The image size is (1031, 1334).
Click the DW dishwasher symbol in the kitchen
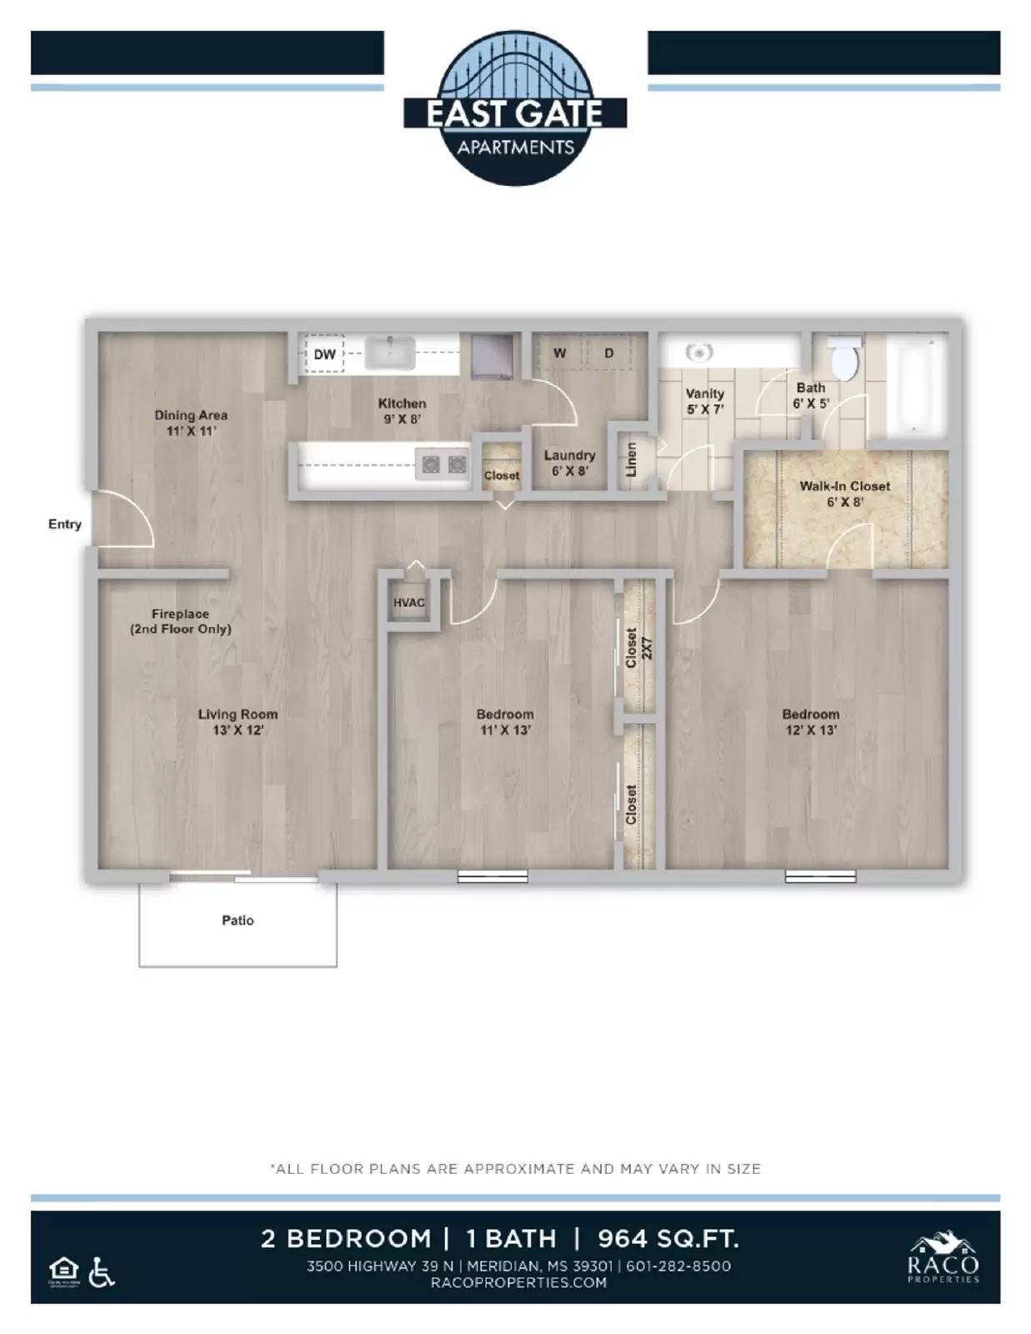[x=324, y=354]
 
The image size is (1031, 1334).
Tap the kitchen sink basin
[x=390, y=353]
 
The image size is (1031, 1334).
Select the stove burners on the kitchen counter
[x=443, y=464]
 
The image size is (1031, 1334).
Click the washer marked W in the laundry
[x=559, y=354]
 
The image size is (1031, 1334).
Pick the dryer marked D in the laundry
[x=609, y=354]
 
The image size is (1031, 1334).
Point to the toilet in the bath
[x=846, y=360]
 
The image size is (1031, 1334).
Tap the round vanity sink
[x=698, y=353]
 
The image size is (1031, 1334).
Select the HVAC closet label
[x=408, y=603]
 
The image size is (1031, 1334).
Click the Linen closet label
[x=631, y=459]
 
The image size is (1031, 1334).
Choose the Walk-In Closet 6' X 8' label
[x=844, y=494]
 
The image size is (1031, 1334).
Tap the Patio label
[x=238, y=920]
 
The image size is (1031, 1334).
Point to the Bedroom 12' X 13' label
[x=810, y=722]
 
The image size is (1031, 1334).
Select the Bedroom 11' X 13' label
[x=505, y=722]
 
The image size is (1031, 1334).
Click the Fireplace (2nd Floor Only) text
[x=180, y=621]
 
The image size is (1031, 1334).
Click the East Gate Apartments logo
[x=515, y=108]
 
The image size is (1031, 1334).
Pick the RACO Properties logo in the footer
[x=943, y=1260]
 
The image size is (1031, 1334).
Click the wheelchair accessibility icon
[x=102, y=1272]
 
